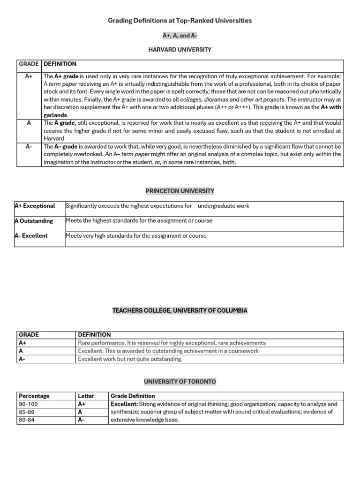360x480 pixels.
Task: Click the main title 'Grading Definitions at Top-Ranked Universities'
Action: coord(180,21)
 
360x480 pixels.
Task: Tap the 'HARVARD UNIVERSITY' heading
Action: coord(180,49)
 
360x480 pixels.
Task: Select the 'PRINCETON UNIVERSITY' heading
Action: coord(180,191)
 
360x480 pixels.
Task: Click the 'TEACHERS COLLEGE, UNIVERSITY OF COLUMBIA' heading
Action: coord(180,310)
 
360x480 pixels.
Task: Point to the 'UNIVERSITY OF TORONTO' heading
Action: coord(180,382)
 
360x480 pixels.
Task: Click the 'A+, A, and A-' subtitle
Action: coord(180,35)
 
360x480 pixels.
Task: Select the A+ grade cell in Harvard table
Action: coord(29,76)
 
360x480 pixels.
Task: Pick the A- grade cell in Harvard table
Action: coord(29,146)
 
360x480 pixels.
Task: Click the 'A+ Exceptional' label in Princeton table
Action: coord(35,206)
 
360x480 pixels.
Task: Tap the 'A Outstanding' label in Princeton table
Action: coord(34,221)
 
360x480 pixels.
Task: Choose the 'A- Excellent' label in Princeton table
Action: coord(31,236)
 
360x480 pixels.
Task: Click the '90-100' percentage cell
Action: coord(29,404)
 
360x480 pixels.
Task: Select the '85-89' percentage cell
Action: coord(27,412)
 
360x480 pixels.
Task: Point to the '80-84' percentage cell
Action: coord(27,420)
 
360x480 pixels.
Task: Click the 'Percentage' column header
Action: coord(34,396)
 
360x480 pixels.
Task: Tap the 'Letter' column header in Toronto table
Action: coord(86,396)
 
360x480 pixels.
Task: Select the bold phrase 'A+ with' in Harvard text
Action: coord(330,107)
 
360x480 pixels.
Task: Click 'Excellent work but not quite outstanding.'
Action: coord(130,359)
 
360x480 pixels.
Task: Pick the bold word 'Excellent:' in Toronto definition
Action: coord(124,404)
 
